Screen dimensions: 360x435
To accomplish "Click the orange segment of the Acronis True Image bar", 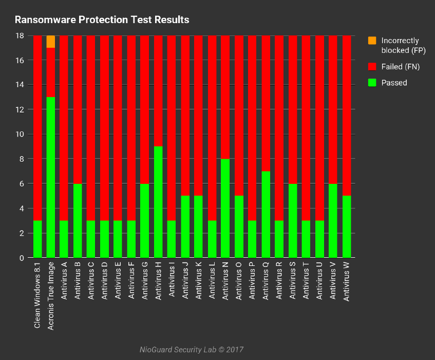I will (51, 42).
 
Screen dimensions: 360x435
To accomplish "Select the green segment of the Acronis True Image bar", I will (51, 177).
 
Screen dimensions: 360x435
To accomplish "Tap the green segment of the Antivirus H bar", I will (158, 202).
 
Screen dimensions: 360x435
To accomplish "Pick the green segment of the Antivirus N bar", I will (225, 208).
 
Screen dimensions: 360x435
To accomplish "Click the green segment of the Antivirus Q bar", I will (266, 214).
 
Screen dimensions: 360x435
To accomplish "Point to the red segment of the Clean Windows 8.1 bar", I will (37, 128).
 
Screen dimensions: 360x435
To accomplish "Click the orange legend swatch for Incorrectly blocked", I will (372, 41).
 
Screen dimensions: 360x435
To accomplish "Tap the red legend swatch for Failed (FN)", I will (372, 67).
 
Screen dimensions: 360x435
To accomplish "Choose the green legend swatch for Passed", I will (372, 83).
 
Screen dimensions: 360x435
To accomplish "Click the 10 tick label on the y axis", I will (21, 135).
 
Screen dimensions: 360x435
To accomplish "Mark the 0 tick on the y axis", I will (22, 258).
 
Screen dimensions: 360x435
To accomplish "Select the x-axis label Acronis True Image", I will (51, 296).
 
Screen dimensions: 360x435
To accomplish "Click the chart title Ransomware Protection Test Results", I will (102, 20).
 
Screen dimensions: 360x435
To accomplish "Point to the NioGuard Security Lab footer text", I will (191, 350).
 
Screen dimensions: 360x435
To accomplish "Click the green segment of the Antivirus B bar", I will (78, 220).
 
